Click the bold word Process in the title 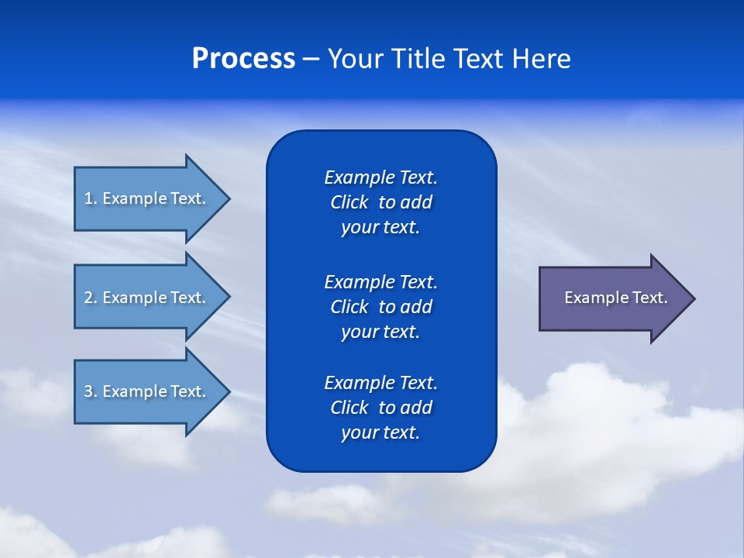[243, 59]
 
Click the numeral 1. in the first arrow [90, 198]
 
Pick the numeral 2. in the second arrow [90, 298]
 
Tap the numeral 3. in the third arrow [90, 391]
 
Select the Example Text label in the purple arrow [615, 298]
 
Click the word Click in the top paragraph [350, 203]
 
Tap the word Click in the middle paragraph [350, 307]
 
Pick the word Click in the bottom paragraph [350, 408]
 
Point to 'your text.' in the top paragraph [381, 228]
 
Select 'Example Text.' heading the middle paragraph [381, 282]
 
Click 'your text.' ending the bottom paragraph [381, 433]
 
